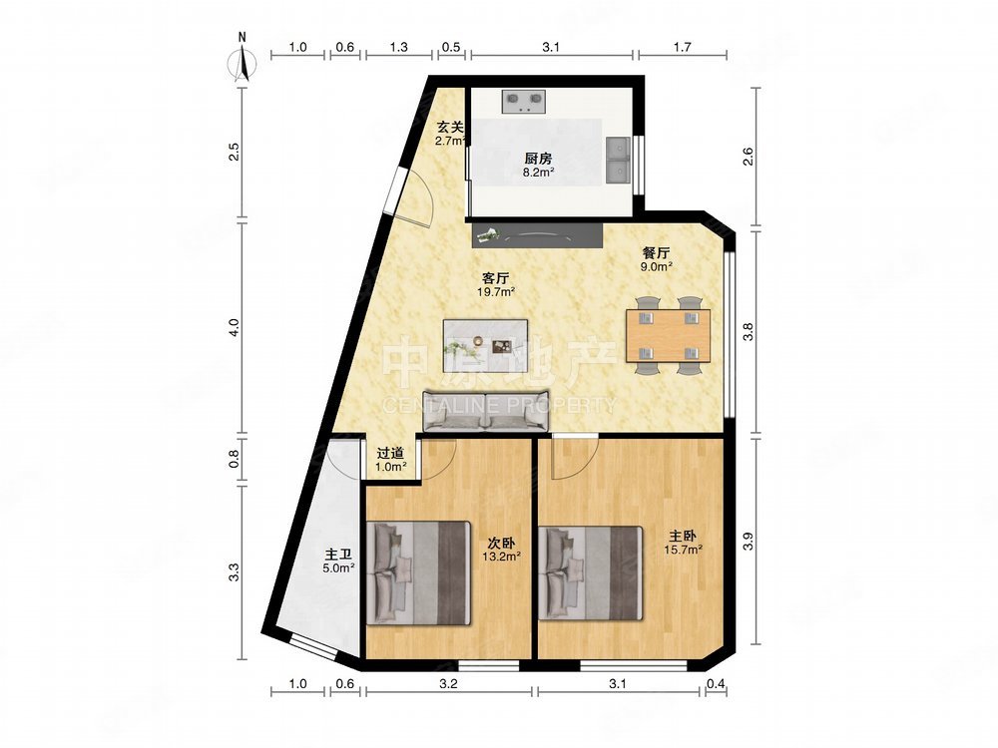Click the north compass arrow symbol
coord(242,62)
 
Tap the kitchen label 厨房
coord(538,159)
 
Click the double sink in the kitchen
coord(618,159)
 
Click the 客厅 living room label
coord(495,278)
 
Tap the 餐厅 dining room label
coord(657,252)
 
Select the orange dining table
coord(669,335)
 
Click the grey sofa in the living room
coord(486,410)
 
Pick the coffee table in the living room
coord(486,338)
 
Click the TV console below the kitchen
coord(537,235)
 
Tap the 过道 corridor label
coord(390,453)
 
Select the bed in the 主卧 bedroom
coord(590,572)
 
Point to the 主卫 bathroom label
coord(338,555)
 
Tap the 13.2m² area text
coord(502,557)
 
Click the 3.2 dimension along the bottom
coord(448,684)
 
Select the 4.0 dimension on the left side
coord(235,327)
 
